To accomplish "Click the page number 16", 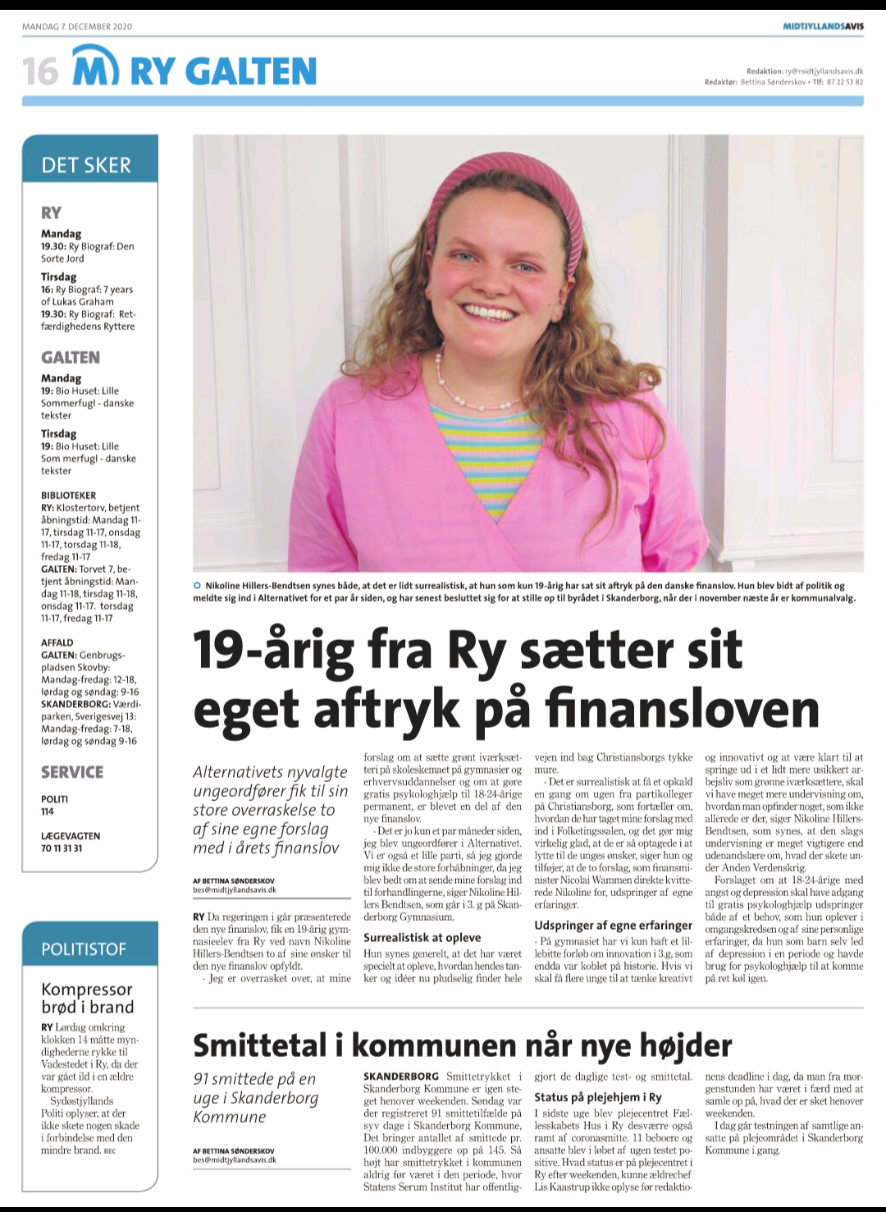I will tap(40, 71).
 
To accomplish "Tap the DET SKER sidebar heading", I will tap(86, 165).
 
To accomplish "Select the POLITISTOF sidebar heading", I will tap(84, 949).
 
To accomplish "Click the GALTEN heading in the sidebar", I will tap(71, 358).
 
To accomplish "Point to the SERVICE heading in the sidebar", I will tap(72, 772).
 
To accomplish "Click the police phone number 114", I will tap(48, 812).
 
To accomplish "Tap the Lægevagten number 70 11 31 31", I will tap(62, 848).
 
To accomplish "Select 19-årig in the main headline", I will tap(272, 650).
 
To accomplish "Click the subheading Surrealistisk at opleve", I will tap(422, 937).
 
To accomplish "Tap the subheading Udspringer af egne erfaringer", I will tap(614, 925).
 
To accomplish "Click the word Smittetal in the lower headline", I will tap(260, 1045).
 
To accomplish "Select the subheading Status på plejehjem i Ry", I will tap(598, 1097).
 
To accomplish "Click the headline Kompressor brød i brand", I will tap(88, 998).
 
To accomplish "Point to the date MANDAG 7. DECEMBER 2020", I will tap(77, 26).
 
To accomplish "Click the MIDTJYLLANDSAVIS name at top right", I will tap(823, 26).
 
